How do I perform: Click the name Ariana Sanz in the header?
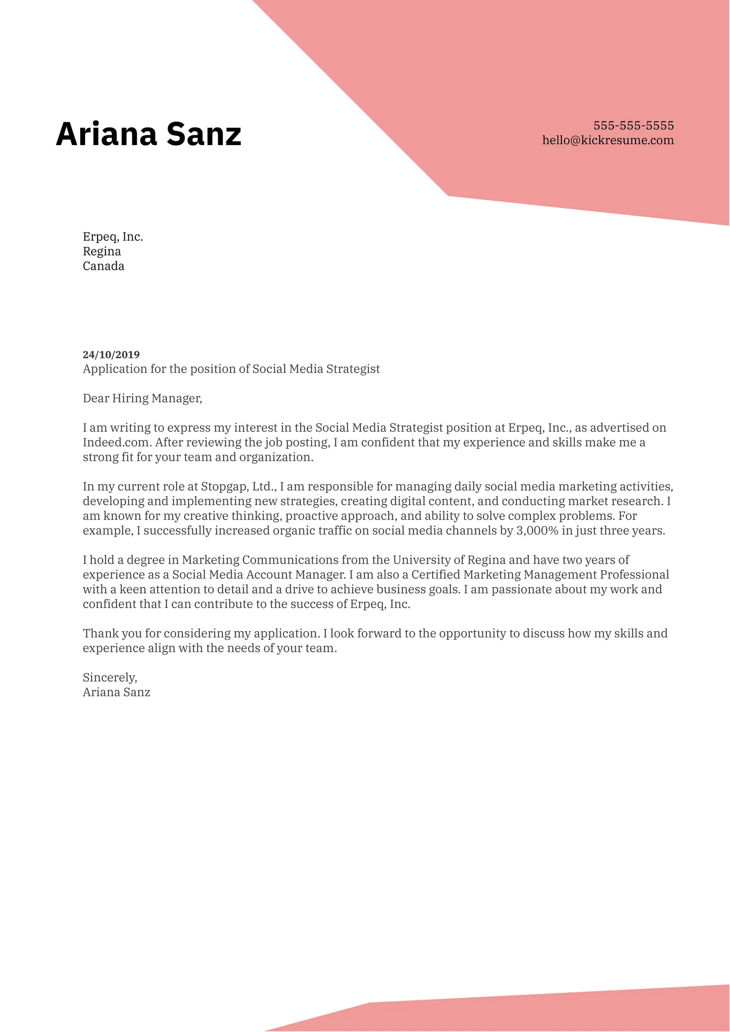pyautogui.click(x=148, y=134)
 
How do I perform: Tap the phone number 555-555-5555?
pyautogui.click(x=633, y=125)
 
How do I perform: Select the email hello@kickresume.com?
pyautogui.click(x=608, y=140)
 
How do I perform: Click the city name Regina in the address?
pyautogui.click(x=102, y=251)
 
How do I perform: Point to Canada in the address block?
pyautogui.click(x=103, y=266)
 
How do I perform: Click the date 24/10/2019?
pyautogui.click(x=111, y=354)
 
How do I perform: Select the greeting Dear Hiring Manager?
pyautogui.click(x=142, y=398)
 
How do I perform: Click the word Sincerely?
pyautogui.click(x=109, y=677)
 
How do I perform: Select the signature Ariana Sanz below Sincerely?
pyautogui.click(x=116, y=692)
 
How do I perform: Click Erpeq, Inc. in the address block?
pyautogui.click(x=113, y=237)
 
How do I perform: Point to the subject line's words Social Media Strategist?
pyautogui.click(x=316, y=369)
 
